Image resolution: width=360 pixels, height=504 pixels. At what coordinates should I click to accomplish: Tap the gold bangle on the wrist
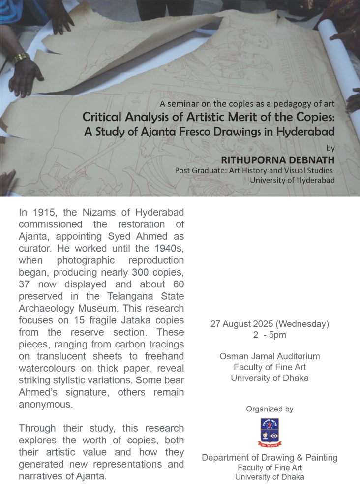pyautogui.click(x=20, y=58)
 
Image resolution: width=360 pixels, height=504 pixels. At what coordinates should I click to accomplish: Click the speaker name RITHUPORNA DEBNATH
pyautogui.click(x=278, y=160)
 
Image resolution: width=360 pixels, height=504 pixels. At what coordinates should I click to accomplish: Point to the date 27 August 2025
pyautogui.click(x=246, y=324)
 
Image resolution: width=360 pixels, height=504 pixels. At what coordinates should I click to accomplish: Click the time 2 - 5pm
pyautogui.click(x=269, y=335)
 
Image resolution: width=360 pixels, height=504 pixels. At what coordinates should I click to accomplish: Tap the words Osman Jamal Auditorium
pyautogui.click(x=269, y=356)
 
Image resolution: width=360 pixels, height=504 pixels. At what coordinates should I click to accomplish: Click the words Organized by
pyautogui.click(x=270, y=409)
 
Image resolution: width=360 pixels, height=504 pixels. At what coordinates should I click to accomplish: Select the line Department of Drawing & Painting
pyautogui.click(x=270, y=458)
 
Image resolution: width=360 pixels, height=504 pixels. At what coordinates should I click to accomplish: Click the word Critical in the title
pyautogui.click(x=102, y=118)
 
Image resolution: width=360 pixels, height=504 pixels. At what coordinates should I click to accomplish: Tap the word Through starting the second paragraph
pyautogui.click(x=37, y=428)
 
